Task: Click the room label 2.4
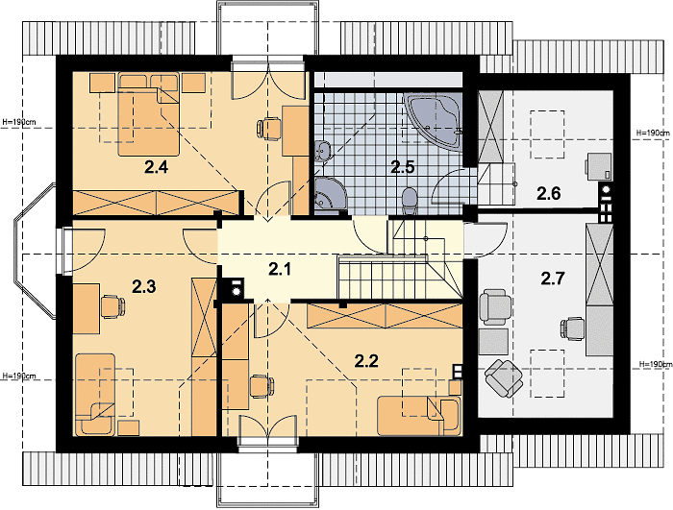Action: click(x=156, y=167)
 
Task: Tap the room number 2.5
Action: click(x=403, y=167)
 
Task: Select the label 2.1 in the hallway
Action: click(x=280, y=269)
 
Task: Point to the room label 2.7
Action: click(x=552, y=279)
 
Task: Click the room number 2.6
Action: click(x=549, y=194)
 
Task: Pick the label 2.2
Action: click(x=366, y=361)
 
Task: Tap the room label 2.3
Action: click(x=144, y=286)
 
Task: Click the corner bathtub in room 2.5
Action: click(x=433, y=121)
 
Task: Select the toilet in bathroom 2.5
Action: click(x=410, y=201)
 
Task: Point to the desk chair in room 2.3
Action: click(x=112, y=306)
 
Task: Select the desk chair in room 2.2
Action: click(x=262, y=386)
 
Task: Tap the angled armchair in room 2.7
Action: click(x=504, y=378)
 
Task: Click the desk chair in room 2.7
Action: click(x=573, y=329)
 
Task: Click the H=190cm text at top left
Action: click(x=19, y=122)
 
